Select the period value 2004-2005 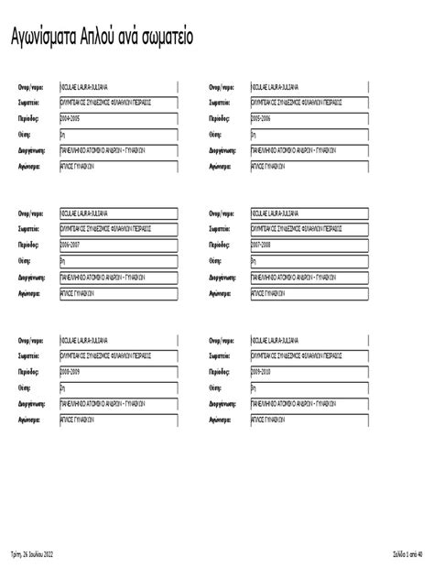pos(71,119)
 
